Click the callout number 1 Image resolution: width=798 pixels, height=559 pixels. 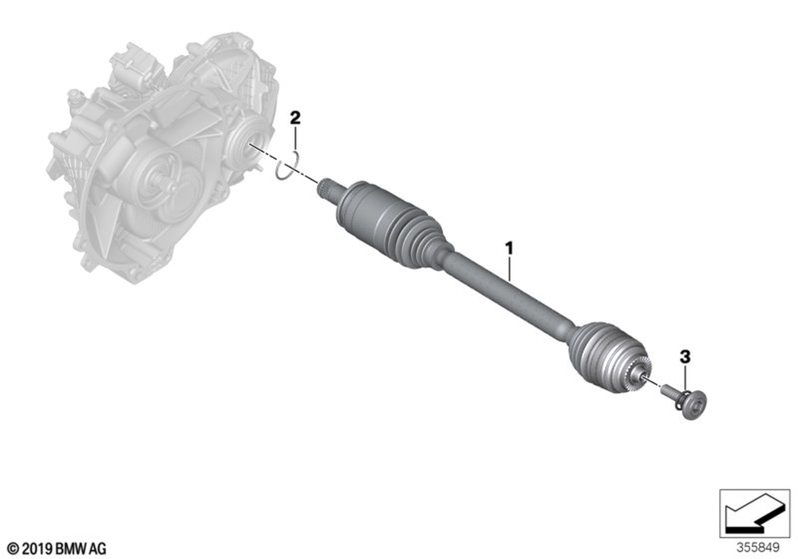click(x=508, y=249)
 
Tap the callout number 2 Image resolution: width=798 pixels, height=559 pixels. click(x=295, y=119)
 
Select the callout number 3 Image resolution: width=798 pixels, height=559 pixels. click(x=685, y=357)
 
